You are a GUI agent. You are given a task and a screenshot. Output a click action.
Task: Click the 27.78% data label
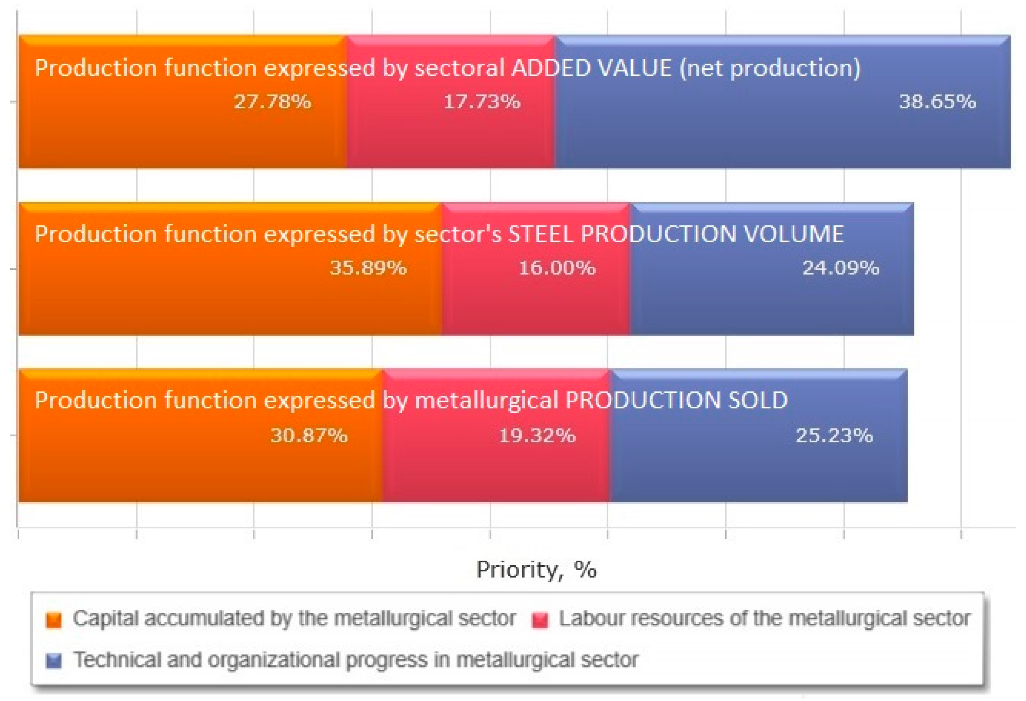[273, 102]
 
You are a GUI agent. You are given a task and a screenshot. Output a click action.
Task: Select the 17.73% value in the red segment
[482, 102]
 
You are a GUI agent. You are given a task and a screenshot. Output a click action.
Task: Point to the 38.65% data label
[937, 102]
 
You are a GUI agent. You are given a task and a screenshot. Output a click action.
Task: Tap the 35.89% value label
[368, 268]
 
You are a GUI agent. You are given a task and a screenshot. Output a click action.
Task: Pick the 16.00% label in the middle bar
[557, 268]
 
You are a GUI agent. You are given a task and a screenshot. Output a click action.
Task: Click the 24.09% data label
[841, 268]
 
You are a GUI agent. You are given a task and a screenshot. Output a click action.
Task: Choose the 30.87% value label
[309, 436]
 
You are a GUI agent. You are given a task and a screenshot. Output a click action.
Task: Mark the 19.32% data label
[537, 436]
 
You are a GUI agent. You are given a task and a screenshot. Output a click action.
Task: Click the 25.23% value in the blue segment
[834, 436]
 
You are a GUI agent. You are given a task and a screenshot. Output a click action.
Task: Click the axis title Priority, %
[537, 570]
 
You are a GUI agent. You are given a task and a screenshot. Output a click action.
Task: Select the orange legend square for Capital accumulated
[54, 620]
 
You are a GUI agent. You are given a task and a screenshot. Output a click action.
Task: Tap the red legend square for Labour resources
[540, 620]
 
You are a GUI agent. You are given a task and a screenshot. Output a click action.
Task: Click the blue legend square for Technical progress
[54, 661]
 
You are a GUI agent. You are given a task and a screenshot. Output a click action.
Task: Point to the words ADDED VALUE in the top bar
[592, 68]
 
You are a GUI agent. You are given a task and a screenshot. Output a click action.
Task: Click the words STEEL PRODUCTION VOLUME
[675, 234]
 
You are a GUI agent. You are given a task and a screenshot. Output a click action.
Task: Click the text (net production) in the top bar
[770, 69]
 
